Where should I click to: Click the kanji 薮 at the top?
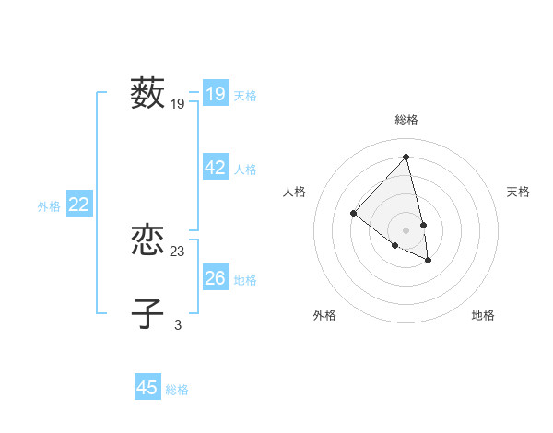(147, 93)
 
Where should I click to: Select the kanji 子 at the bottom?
(147, 313)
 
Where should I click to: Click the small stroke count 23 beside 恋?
(178, 252)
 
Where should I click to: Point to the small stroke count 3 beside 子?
(178, 324)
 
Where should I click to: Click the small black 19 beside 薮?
(178, 104)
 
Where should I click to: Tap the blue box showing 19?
(216, 94)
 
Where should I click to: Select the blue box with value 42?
(216, 168)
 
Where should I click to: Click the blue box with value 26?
(216, 278)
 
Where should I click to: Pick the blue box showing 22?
(78, 205)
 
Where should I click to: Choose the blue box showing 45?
(147, 388)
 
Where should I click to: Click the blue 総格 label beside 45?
(177, 390)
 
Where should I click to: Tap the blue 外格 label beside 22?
(49, 206)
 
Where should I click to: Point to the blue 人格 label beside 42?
(245, 170)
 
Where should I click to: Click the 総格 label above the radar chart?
(406, 120)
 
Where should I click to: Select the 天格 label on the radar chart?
(518, 192)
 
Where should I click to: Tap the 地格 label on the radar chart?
(483, 315)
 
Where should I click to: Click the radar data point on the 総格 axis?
(406, 157)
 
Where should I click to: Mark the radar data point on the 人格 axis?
(353, 213)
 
